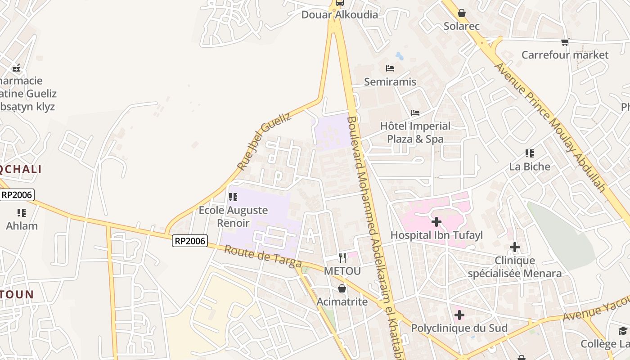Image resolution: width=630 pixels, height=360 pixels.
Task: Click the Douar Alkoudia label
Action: click(339, 15)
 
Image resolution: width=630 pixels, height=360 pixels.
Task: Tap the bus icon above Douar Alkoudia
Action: click(339, 3)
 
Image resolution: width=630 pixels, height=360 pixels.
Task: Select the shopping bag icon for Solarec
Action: click(461, 13)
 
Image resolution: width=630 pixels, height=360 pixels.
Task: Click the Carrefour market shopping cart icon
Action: click(565, 42)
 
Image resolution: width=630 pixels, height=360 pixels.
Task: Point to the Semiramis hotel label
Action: click(390, 82)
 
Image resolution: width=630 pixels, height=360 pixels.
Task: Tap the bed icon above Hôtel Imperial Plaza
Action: click(415, 112)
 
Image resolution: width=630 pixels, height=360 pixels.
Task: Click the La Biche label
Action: click(530, 166)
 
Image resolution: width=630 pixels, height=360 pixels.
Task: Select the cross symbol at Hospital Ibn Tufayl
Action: click(436, 221)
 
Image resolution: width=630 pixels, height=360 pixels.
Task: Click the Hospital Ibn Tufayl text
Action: click(436, 235)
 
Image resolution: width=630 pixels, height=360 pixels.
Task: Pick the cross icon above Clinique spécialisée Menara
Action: click(515, 247)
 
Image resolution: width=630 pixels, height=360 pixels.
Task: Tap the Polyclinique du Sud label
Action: click(459, 328)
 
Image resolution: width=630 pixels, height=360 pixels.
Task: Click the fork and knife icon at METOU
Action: click(343, 257)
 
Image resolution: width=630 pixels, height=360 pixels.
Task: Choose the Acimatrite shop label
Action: click(342, 301)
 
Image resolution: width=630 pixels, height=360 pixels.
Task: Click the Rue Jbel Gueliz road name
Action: click(264, 141)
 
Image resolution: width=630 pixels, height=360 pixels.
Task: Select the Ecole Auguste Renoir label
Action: click(233, 216)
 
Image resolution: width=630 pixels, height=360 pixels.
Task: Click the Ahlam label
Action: click(22, 226)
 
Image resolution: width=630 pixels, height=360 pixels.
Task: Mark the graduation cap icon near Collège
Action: click(623, 331)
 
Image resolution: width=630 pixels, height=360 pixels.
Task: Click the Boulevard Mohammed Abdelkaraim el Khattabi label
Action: click(373, 234)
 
